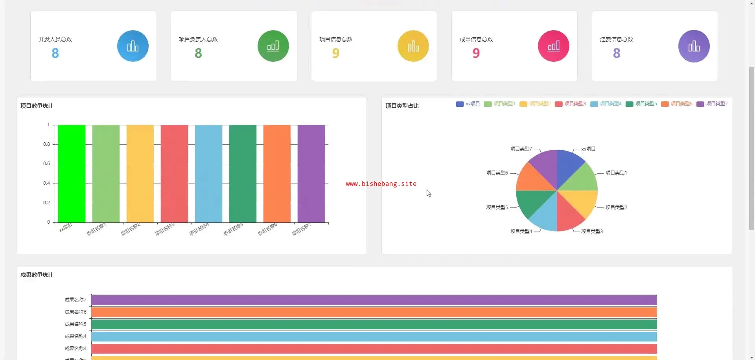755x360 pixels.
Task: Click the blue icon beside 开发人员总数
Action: pyautogui.click(x=133, y=46)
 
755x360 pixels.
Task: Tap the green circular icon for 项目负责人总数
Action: pyautogui.click(x=273, y=46)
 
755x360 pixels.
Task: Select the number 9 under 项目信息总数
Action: pyautogui.click(x=335, y=53)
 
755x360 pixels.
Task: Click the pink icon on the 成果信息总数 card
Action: pyautogui.click(x=553, y=46)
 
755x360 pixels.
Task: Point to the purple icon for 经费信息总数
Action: pyautogui.click(x=694, y=46)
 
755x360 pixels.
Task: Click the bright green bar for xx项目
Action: pyautogui.click(x=72, y=173)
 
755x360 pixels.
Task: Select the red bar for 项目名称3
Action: pyautogui.click(x=174, y=173)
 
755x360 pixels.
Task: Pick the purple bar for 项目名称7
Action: pyautogui.click(x=311, y=173)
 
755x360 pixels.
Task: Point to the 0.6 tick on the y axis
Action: pyautogui.click(x=46, y=163)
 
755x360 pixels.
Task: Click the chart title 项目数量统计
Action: pyautogui.click(x=37, y=106)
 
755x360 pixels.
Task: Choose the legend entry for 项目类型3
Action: pyautogui.click(x=571, y=104)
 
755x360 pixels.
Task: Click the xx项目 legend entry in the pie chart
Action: pyautogui.click(x=468, y=104)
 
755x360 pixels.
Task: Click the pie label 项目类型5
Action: pyautogui.click(x=497, y=207)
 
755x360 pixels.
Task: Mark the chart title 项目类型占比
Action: pyautogui.click(x=402, y=106)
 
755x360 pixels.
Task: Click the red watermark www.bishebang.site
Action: pyautogui.click(x=381, y=184)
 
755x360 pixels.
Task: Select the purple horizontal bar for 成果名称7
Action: pyautogui.click(x=374, y=300)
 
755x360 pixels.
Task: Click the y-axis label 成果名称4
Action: pyautogui.click(x=75, y=336)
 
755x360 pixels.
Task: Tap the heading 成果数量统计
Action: pyautogui.click(x=37, y=275)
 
